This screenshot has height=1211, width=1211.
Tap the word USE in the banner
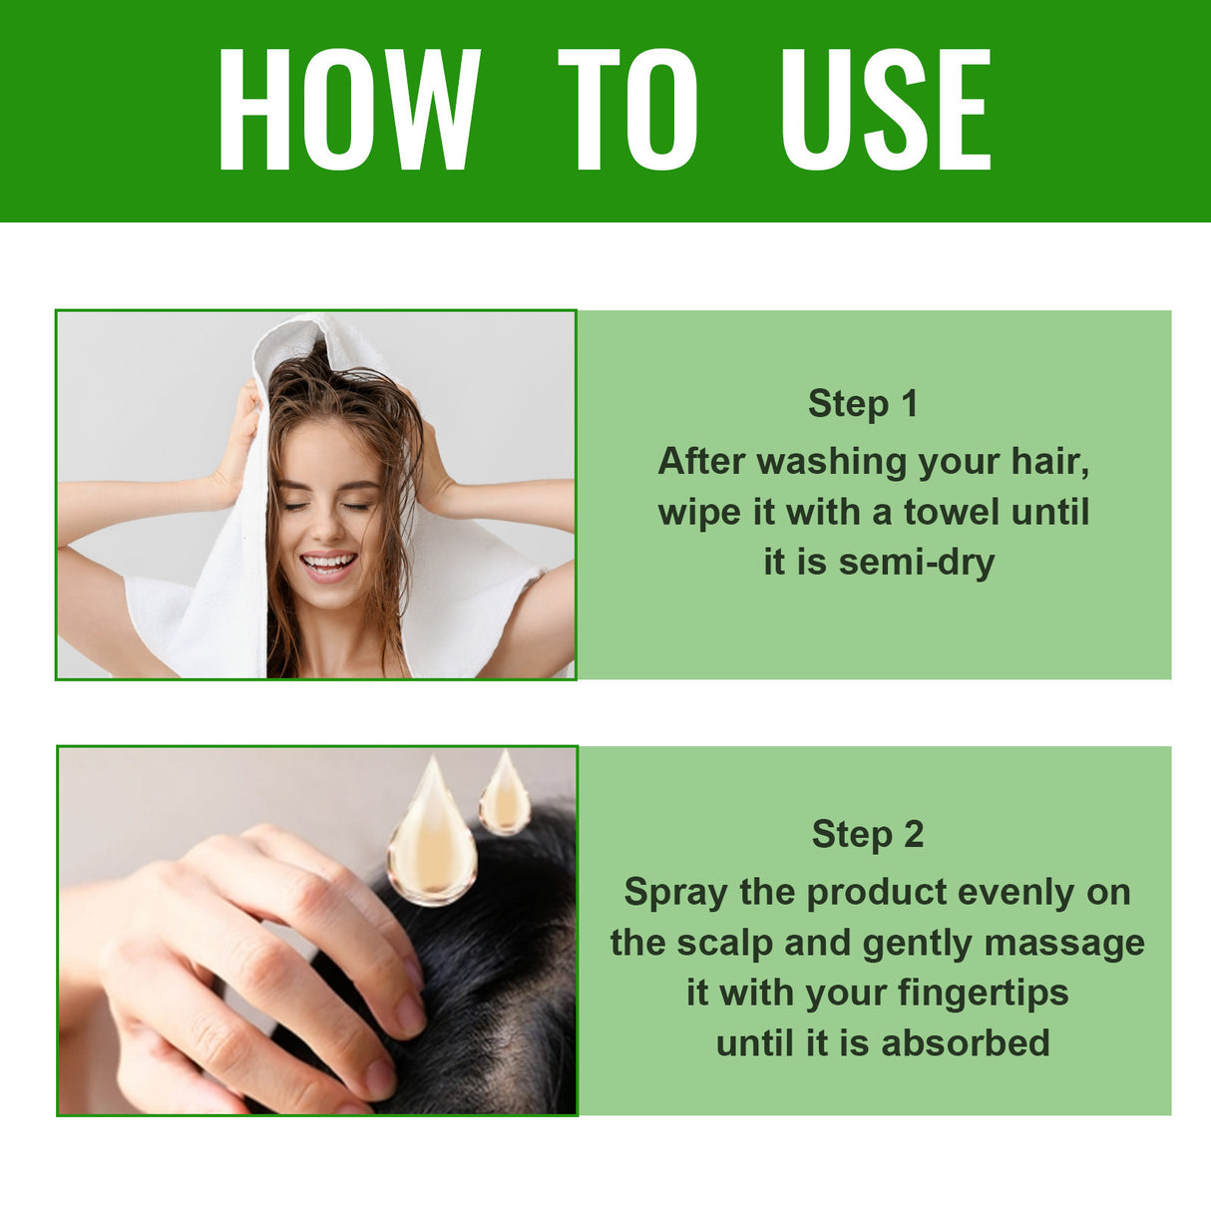(886, 110)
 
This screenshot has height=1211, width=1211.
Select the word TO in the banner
(627, 110)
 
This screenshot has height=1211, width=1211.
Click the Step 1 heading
(863, 404)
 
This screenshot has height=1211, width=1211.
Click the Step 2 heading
(868, 835)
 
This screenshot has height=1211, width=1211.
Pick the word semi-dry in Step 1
(917, 563)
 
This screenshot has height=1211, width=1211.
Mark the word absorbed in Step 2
(966, 1043)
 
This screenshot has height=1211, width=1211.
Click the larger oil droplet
(432, 843)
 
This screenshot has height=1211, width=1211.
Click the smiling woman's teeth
(328, 563)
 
